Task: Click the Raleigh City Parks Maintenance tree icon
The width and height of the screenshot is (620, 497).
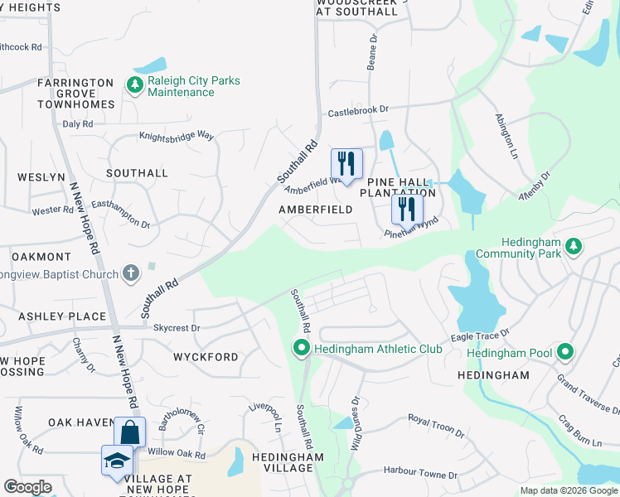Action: [x=133, y=84]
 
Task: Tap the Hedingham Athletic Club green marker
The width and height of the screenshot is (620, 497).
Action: [x=302, y=349]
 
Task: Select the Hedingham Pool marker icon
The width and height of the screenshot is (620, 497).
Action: [x=565, y=353]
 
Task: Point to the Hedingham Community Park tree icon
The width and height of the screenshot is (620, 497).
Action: [x=571, y=246]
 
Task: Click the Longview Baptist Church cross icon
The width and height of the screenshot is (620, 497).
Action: [x=130, y=273]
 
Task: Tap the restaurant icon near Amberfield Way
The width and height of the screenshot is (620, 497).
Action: [x=346, y=162]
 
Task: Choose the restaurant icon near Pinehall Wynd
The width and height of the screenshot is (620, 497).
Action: [x=406, y=208]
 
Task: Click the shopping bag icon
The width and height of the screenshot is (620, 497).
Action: [x=130, y=432]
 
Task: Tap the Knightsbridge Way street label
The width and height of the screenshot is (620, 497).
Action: [x=177, y=136]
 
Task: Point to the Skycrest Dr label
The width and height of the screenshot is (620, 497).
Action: [x=177, y=328]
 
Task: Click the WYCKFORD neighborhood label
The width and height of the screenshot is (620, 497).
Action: [x=206, y=357]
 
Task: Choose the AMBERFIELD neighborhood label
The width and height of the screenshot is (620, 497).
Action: [x=315, y=210]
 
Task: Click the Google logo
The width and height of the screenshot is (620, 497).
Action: [x=27, y=487]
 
